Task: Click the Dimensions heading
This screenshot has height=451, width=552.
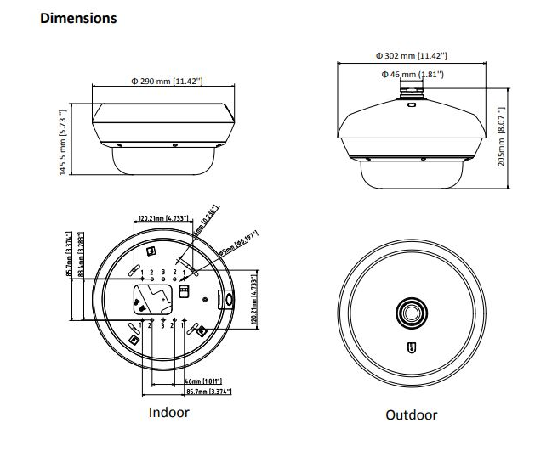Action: click(78, 18)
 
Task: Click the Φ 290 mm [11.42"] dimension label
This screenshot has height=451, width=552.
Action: click(167, 82)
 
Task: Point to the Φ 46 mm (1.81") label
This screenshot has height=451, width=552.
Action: click(413, 76)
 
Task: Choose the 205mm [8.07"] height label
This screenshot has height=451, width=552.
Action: click(502, 137)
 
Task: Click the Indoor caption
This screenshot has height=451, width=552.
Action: click(169, 413)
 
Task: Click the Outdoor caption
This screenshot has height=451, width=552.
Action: click(412, 415)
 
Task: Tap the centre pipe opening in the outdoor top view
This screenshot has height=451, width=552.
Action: click(412, 313)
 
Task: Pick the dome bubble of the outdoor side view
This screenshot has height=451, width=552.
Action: click(413, 175)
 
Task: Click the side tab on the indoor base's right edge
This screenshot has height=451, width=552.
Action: click(227, 299)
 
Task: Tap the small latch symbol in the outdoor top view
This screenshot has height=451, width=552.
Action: click(412, 347)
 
